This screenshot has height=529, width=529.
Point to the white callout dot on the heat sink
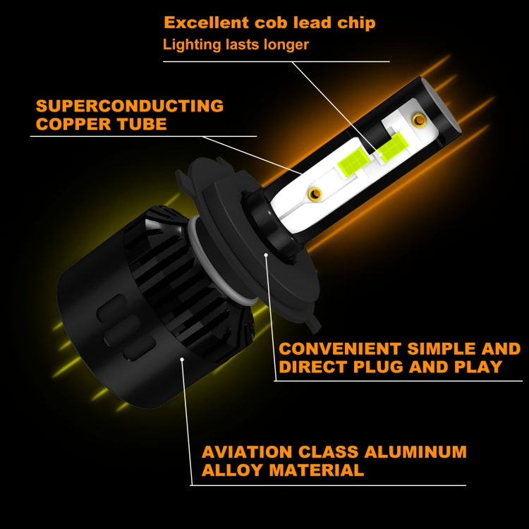[x=183, y=359]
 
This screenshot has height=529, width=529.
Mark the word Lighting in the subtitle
[x=186, y=45]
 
